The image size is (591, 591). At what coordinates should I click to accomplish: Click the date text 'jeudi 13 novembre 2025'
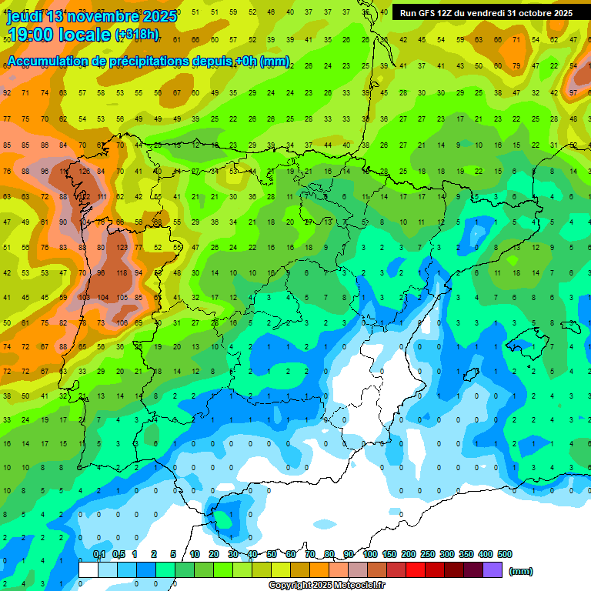click(92, 15)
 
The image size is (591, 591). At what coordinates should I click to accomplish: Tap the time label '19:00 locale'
click(58, 34)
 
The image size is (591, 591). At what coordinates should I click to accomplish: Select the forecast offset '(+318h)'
click(137, 35)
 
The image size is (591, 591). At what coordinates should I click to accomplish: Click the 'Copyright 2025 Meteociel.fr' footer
click(327, 586)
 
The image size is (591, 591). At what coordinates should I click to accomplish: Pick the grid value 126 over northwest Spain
click(84, 171)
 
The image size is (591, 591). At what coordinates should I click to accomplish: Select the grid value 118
click(121, 272)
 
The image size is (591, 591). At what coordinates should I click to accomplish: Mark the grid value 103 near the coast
click(83, 297)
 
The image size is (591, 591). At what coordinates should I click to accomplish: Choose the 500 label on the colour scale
click(504, 555)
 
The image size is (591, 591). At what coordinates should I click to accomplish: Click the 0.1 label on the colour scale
click(98, 555)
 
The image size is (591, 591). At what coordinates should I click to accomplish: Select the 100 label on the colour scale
click(369, 555)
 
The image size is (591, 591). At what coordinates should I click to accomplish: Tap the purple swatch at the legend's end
click(493, 570)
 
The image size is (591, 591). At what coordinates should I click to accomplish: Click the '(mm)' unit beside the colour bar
click(521, 571)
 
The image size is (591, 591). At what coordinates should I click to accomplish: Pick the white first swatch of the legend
click(88, 570)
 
